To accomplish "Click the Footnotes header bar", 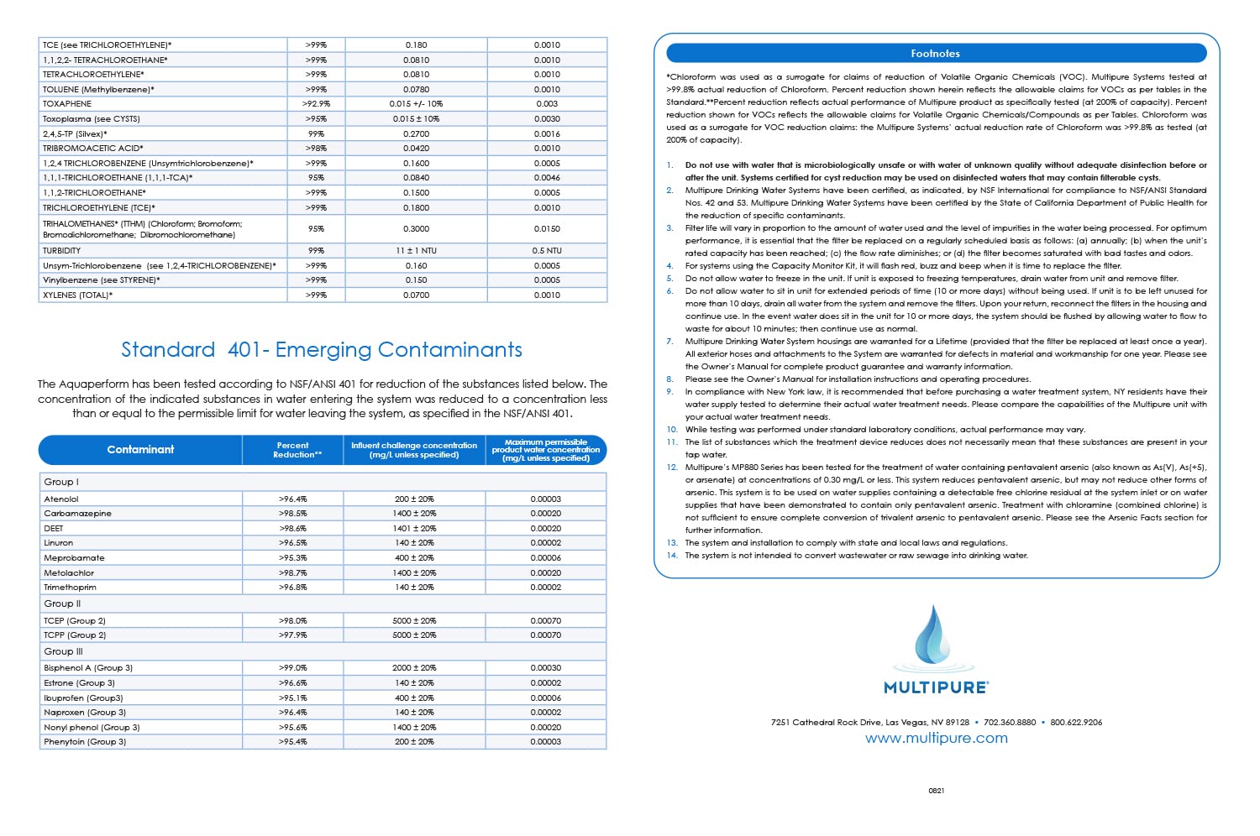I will click(x=936, y=53).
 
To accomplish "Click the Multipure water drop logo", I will click(x=934, y=641).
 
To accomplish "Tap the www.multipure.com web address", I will click(x=936, y=739).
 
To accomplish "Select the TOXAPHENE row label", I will click(x=67, y=104).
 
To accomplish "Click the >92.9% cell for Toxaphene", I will click(x=316, y=104).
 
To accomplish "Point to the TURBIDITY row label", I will click(x=62, y=250).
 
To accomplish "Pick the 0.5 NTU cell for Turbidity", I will click(x=547, y=250).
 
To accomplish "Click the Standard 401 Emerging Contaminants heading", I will click(x=322, y=350).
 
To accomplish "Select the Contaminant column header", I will click(x=140, y=450).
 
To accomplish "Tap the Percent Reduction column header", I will click(x=293, y=450).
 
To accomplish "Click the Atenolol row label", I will click(x=61, y=499).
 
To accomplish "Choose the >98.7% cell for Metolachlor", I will click(x=293, y=572).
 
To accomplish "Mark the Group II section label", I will click(x=63, y=603).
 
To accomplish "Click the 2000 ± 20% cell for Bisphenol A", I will click(x=414, y=668).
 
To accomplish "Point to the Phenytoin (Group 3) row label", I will click(x=85, y=742).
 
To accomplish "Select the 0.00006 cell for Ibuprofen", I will click(x=546, y=698).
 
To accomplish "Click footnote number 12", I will click(x=672, y=468).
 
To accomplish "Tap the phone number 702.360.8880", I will click(x=1010, y=722).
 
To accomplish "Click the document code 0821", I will click(x=936, y=791).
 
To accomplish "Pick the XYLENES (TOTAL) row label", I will click(x=76, y=295).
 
